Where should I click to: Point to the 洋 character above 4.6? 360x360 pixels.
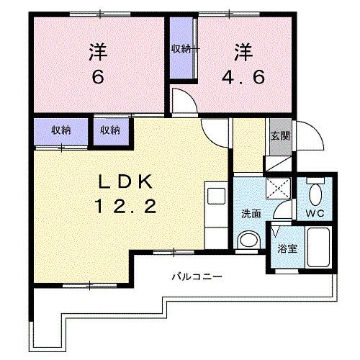pyautogui.click(x=243, y=52)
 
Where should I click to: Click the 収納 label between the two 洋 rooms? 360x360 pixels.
pyautogui.click(x=181, y=49)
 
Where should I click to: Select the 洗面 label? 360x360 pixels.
pyautogui.click(x=250, y=214)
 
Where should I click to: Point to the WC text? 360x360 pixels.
pyautogui.click(x=316, y=214)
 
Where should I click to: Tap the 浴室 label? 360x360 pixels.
pyautogui.click(x=287, y=249)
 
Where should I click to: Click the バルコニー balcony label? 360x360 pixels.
pyautogui.click(x=197, y=276)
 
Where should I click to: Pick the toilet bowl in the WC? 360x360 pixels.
pyautogui.click(x=315, y=193)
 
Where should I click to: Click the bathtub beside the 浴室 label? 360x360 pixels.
pyautogui.click(x=318, y=248)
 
